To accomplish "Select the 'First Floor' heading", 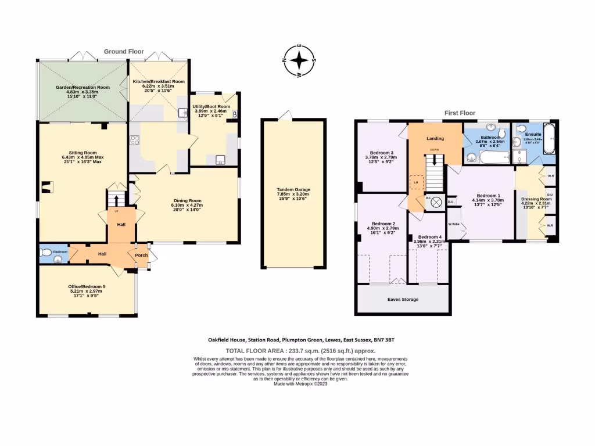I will [x=460, y=113].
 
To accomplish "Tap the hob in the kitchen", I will [x=134, y=139].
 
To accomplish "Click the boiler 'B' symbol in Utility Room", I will [x=234, y=115].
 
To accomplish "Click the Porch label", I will [x=141, y=255].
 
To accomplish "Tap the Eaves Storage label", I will [x=403, y=300].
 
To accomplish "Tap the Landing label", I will [x=435, y=139].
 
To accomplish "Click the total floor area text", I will [x=300, y=351].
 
